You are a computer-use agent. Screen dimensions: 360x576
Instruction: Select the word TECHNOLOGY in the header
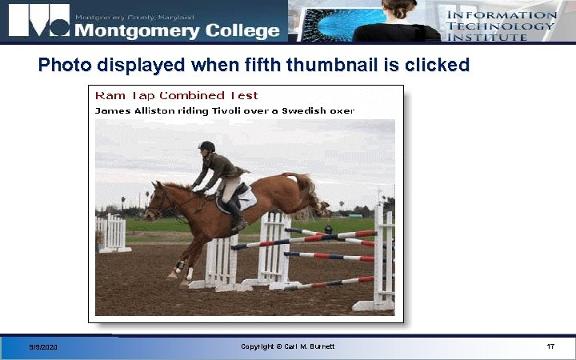click(x=500, y=26)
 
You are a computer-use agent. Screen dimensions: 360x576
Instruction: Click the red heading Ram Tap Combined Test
click(x=177, y=95)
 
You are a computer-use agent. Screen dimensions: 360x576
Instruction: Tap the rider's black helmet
click(x=207, y=147)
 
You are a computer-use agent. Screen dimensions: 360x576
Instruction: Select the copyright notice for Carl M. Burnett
click(x=287, y=346)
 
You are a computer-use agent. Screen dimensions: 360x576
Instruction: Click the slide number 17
click(x=550, y=346)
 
